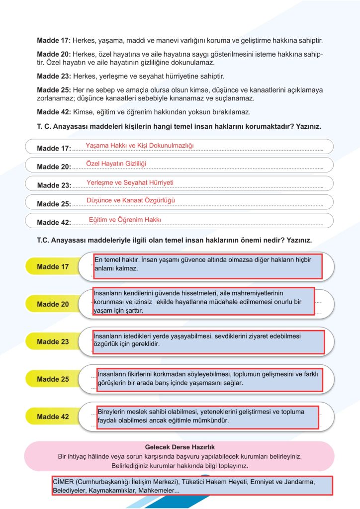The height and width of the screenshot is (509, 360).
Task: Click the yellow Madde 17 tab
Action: click(53, 267)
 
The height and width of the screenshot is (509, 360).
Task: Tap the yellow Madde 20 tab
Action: click(53, 304)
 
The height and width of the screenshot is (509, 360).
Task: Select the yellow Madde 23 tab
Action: click(53, 342)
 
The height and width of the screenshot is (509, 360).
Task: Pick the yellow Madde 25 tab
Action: click(53, 379)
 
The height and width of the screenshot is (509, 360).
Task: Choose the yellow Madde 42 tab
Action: click(53, 417)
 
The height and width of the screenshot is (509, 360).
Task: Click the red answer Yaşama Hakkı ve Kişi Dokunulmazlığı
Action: click(139, 145)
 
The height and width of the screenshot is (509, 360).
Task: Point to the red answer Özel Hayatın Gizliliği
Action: click(116, 164)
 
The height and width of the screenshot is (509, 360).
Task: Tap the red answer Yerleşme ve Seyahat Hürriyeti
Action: click(130, 182)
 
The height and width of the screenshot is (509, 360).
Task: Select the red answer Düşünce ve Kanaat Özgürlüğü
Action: click(131, 200)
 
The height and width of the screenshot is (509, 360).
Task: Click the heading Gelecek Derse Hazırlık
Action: click(180, 447)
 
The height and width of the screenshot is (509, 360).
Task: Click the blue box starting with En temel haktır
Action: click(207, 265)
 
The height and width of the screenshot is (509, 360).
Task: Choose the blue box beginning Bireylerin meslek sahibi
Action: click(207, 417)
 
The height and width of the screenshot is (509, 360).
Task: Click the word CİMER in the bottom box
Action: click(62, 482)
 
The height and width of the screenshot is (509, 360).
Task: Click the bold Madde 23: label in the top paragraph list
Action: click(54, 77)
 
